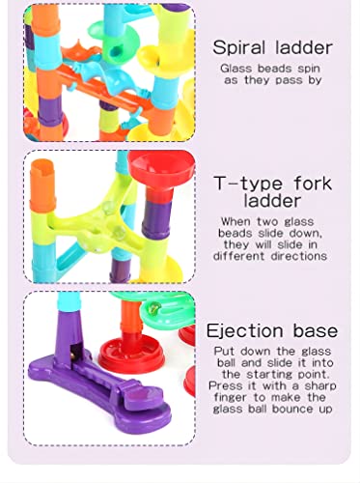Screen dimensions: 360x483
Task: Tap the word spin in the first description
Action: [x=309, y=69]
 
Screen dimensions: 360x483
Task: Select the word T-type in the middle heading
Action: [x=248, y=184]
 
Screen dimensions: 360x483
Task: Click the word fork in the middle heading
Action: [x=313, y=183]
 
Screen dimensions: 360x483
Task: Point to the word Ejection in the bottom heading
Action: [x=245, y=331]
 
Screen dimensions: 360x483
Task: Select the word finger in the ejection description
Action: [x=231, y=397]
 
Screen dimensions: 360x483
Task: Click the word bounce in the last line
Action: [x=292, y=409]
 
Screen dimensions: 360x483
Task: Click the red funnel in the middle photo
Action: [x=161, y=169]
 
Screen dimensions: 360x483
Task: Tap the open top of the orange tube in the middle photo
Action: [x=42, y=164]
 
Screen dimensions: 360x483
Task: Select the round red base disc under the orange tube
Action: [x=131, y=354]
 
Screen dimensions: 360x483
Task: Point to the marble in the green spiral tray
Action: [x=152, y=309]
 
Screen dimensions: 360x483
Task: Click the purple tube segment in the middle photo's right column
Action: [x=156, y=219]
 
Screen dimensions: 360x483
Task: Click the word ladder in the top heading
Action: [x=304, y=48]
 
